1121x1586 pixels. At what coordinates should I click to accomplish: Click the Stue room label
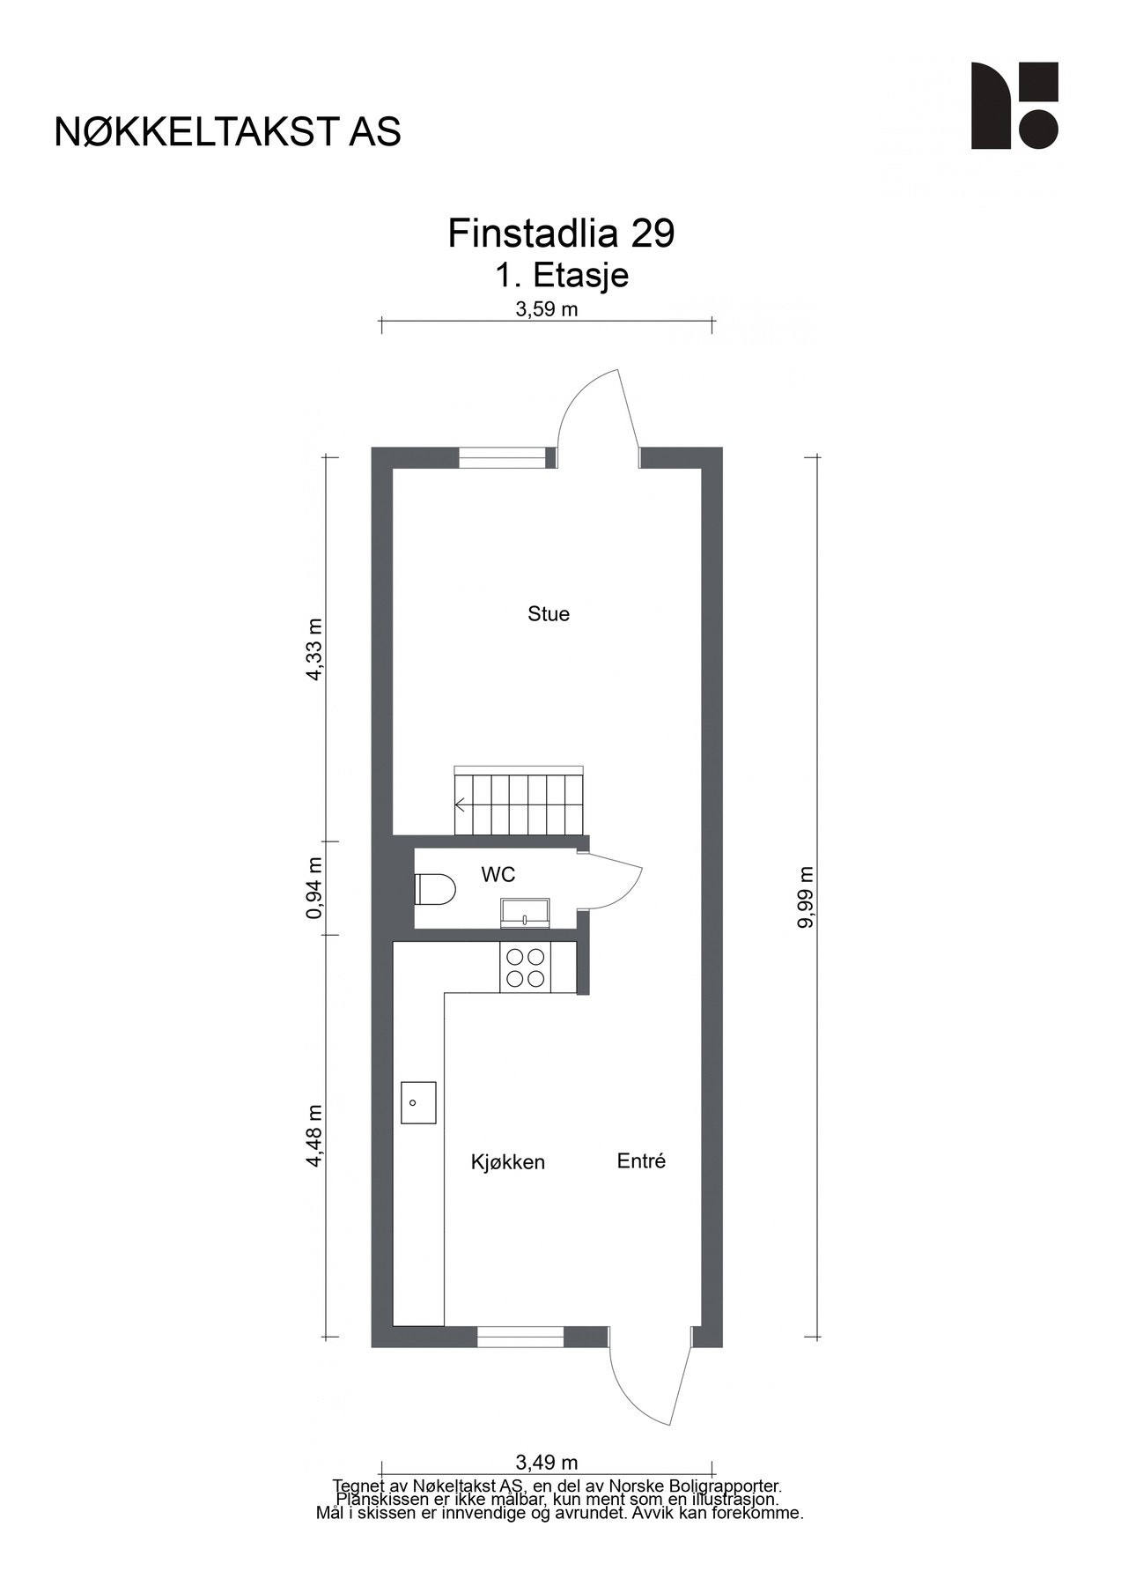pyautogui.click(x=549, y=614)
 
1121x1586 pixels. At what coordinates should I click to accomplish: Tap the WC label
pyautogui.click(x=498, y=875)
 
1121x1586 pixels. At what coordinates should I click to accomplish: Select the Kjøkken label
pyautogui.click(x=508, y=1162)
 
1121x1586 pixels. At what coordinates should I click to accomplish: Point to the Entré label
pyautogui.click(x=641, y=1161)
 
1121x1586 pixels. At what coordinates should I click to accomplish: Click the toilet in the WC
pyautogui.click(x=433, y=889)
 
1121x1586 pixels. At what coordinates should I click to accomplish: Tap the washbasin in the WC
pyautogui.click(x=525, y=913)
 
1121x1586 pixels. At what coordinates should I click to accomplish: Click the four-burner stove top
pyautogui.click(x=526, y=967)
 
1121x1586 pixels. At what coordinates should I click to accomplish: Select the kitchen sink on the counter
pyautogui.click(x=418, y=1102)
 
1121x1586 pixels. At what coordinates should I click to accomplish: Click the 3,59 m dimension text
pyautogui.click(x=547, y=309)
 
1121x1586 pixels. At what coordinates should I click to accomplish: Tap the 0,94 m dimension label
pyautogui.click(x=314, y=887)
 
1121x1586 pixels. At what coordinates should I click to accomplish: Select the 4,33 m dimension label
pyautogui.click(x=314, y=649)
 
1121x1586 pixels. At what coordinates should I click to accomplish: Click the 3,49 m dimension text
pyautogui.click(x=547, y=1464)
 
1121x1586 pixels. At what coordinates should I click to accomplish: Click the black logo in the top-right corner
pyautogui.click(x=1014, y=106)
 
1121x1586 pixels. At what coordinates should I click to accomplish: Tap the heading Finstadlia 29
pyautogui.click(x=561, y=233)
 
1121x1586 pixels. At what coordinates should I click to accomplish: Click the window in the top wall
pyautogui.click(x=502, y=458)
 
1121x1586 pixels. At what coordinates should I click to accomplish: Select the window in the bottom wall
pyautogui.click(x=520, y=1337)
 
